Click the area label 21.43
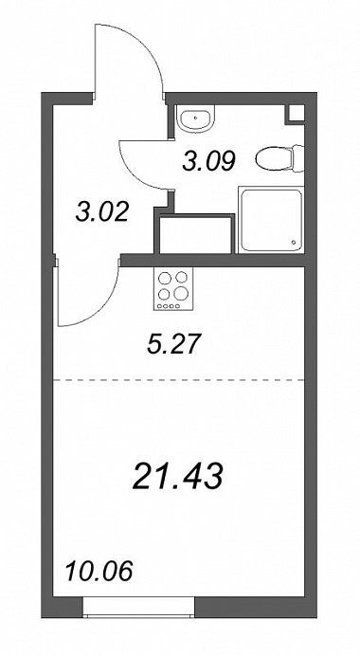(177, 477)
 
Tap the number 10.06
(99, 571)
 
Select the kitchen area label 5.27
(171, 344)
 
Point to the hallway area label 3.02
(101, 212)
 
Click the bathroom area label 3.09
(209, 160)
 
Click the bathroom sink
(195, 118)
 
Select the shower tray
(270, 220)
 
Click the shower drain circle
(294, 243)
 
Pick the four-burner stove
(173, 289)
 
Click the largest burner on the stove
(181, 293)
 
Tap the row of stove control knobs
(169, 306)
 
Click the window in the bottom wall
(139, 606)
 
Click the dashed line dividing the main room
(178, 380)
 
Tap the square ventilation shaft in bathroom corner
(295, 114)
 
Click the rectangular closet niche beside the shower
(195, 234)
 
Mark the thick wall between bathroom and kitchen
(212, 261)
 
